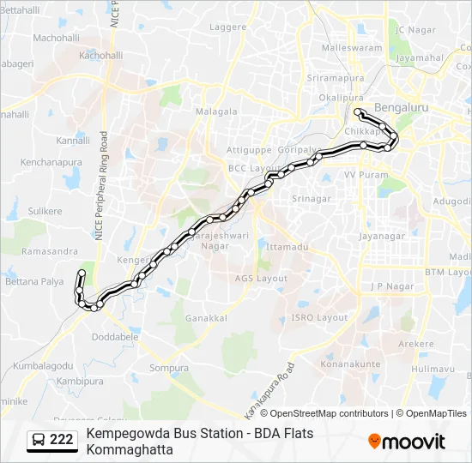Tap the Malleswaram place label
[x=352, y=48]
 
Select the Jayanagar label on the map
[x=381, y=235]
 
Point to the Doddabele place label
[x=115, y=337]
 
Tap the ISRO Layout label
[x=320, y=317]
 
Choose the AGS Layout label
[x=262, y=278]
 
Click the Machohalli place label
[x=56, y=39]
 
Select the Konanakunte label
[x=350, y=364]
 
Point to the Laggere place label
[x=228, y=27]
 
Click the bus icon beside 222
[x=39, y=441]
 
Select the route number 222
[x=61, y=441]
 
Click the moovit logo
[x=407, y=442]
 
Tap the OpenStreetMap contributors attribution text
[x=329, y=413]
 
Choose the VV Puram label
[x=361, y=174]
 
